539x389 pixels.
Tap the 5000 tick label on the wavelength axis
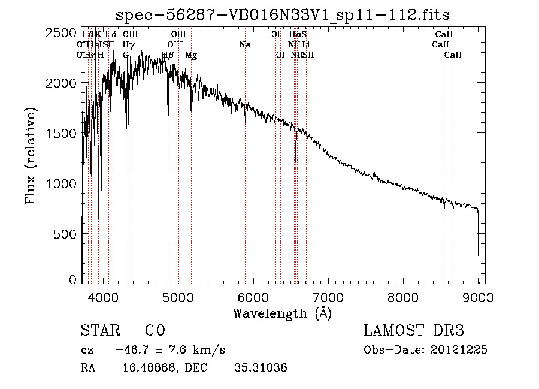(x=178, y=297)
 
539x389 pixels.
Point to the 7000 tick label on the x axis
(x=328, y=297)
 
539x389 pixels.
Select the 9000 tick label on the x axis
(x=478, y=297)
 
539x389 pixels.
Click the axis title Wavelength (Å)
(x=282, y=313)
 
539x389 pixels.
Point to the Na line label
(x=244, y=45)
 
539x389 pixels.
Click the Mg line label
(x=191, y=55)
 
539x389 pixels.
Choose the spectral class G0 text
(x=155, y=331)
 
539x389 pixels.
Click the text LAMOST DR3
(x=414, y=331)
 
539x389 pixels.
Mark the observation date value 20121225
(x=461, y=350)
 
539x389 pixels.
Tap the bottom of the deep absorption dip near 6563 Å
(x=296, y=161)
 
